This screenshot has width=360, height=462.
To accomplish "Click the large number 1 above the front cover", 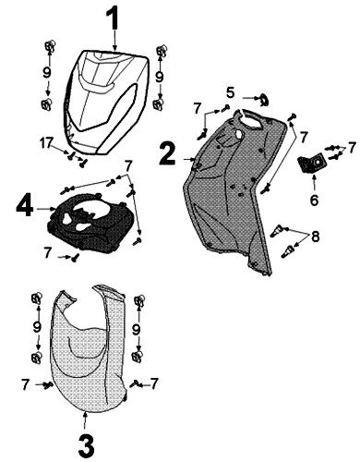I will pyautogui.click(x=114, y=18).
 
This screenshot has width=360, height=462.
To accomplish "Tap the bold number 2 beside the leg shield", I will pyautogui.click(x=166, y=152).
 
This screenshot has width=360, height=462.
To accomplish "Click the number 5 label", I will pyautogui.click(x=232, y=92).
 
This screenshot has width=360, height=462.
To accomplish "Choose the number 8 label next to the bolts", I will pyautogui.click(x=316, y=238).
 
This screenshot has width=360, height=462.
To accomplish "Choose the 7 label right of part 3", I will pyautogui.click(x=155, y=382).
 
